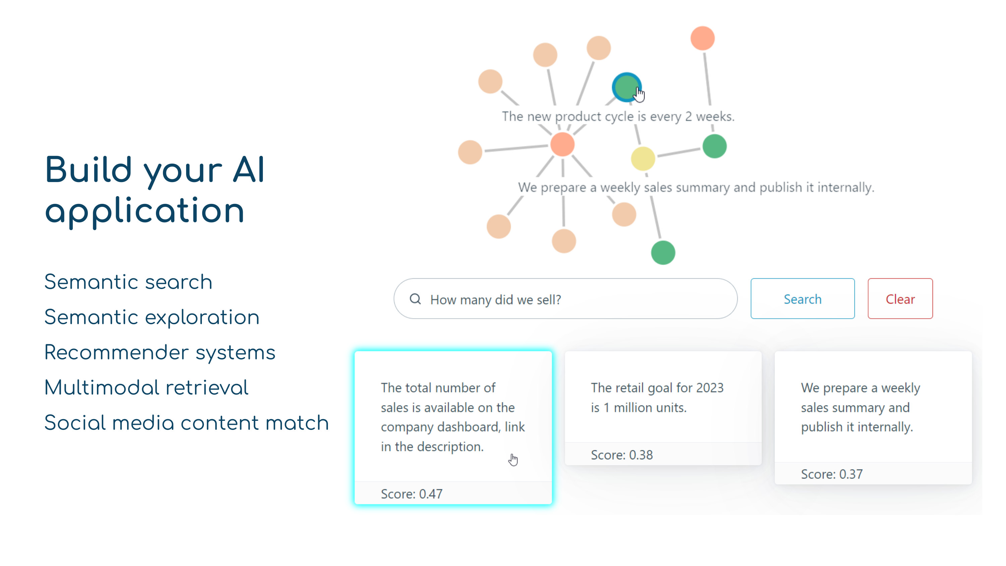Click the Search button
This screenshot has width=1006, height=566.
pos(802,299)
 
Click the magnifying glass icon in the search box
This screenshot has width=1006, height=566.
pos(415,299)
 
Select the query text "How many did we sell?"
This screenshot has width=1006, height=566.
pos(495,300)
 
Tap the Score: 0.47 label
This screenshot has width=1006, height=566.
pos(411,494)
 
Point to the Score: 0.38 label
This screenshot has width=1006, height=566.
pos(621,455)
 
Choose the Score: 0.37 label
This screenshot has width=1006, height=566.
pos(831,474)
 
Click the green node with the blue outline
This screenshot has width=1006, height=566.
pos(626,87)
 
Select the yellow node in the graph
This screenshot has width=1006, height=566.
pos(642,158)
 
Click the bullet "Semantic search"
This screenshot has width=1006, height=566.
pos(128,282)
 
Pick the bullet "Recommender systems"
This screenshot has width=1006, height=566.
pos(160,352)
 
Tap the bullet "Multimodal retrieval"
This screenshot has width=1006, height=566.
pos(146,388)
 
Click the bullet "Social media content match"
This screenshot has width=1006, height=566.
pos(186,422)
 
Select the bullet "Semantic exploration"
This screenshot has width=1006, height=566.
pos(152,317)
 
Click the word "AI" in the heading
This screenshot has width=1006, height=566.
pos(249,170)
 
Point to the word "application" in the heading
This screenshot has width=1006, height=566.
pos(145,211)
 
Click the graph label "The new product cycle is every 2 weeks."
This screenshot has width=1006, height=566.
pos(618,116)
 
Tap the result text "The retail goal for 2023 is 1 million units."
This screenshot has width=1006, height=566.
pos(657,397)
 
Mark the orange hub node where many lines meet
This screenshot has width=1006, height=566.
pos(562,144)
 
